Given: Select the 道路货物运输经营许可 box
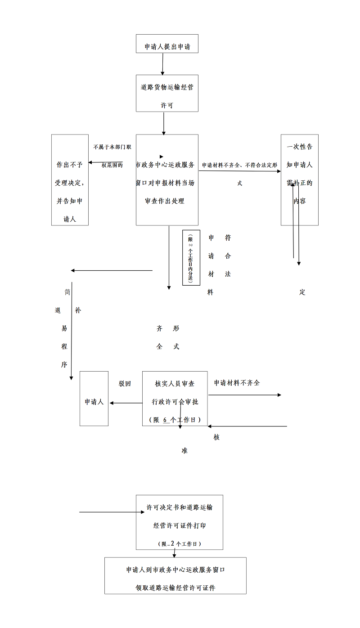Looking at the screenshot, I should tap(167, 93).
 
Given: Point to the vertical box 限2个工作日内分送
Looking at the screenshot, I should tap(191, 257).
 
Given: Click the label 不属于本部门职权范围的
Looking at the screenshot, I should tap(112, 156).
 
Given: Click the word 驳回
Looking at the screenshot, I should tap(125, 384).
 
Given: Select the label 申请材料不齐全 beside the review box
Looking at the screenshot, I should tap(237, 383).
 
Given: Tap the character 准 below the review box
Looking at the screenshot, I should tap(184, 450).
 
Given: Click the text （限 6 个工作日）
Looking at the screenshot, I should tap(175, 420).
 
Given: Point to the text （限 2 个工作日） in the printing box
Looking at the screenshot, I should tap(180, 544).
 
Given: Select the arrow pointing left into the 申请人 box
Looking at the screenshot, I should tap(126, 403).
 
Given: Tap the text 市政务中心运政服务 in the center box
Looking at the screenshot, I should tap(166, 165).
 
